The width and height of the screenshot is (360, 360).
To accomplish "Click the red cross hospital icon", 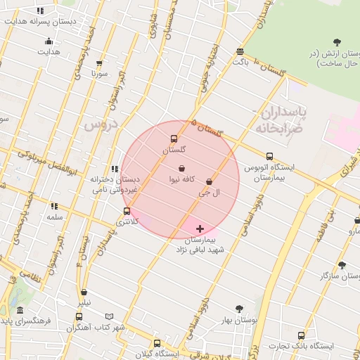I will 200,229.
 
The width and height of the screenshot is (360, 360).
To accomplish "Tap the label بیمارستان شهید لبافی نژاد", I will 200,245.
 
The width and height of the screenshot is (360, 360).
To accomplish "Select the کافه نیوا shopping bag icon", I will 182,169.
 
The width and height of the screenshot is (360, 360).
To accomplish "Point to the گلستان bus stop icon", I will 174,139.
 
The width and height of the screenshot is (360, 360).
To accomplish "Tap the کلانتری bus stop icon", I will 127,211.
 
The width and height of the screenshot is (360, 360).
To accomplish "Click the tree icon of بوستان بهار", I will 239,308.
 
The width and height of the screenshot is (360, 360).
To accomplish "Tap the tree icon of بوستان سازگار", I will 342,265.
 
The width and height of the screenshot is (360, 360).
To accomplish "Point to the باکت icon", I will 240,51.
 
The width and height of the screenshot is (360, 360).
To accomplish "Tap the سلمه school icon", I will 54,206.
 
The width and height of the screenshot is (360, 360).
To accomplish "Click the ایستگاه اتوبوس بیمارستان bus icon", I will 270,157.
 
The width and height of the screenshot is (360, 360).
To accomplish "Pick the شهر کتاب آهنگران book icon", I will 108,317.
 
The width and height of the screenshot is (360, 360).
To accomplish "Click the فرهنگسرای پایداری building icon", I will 20,310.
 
